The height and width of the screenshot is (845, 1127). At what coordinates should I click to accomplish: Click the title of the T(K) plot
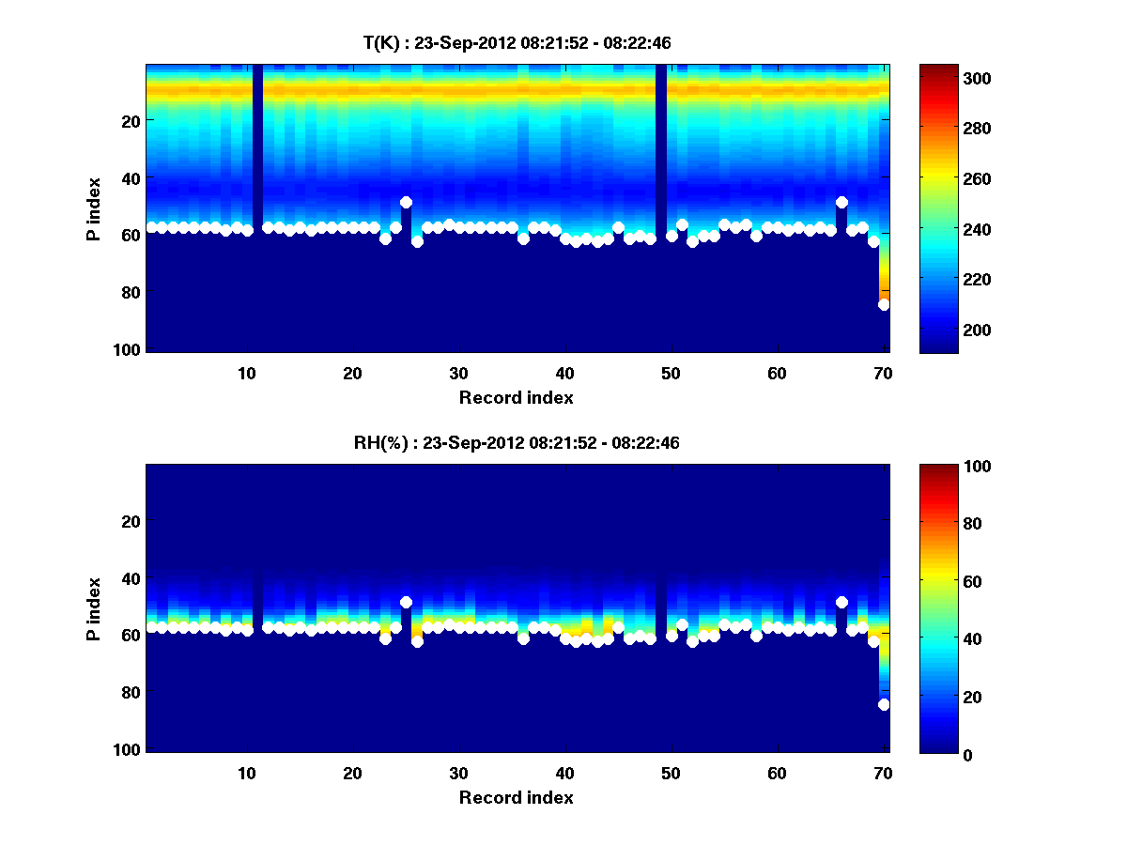517,42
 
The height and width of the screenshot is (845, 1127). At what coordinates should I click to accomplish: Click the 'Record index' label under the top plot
516,397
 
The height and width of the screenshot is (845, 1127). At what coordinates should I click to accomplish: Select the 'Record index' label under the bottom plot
516,797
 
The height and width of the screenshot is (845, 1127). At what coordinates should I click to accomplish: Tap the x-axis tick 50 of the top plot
671,373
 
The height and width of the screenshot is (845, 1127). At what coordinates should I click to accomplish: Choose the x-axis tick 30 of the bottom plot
458,773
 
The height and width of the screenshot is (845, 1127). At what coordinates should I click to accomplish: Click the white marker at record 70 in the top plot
884,304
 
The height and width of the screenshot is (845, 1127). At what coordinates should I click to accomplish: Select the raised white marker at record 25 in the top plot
406,202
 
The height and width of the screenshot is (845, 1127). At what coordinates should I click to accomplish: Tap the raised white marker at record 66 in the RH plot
841,602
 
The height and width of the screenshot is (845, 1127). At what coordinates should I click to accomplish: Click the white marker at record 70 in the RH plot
884,704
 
